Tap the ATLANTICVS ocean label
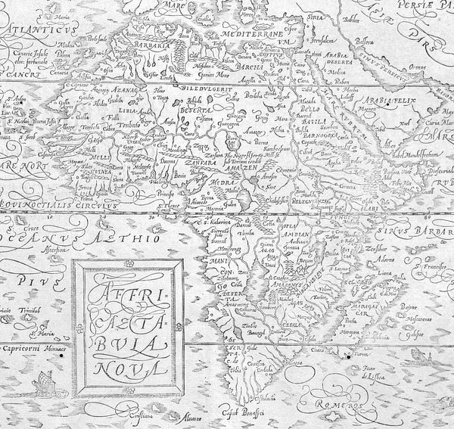41,33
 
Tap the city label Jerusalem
313,36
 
